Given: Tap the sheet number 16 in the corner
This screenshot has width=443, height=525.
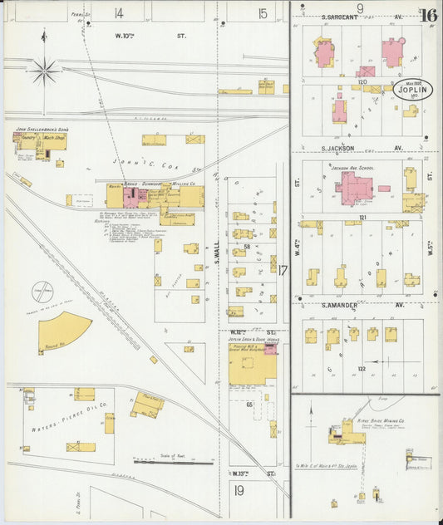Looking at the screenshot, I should pos(429,15).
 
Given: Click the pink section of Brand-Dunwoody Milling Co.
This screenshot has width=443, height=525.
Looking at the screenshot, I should pos(133,196).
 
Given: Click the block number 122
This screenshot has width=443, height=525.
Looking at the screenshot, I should pos(362,368).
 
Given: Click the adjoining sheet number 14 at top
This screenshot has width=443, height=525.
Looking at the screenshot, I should pos(119,12).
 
